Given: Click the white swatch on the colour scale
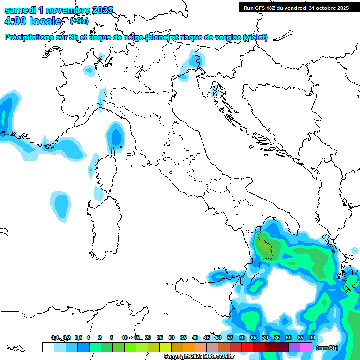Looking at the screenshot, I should [48, 347].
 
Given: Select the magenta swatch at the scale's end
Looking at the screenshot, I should [306, 347].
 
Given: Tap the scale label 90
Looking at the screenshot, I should [312, 337].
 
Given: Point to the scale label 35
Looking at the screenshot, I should [183, 337].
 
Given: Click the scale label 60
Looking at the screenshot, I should [242, 337].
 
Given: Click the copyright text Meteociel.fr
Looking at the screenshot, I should [199, 357].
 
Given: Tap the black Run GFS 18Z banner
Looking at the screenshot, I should [296, 7].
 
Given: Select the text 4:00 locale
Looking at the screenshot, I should [32, 21].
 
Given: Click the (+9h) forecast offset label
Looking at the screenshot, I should [79, 21].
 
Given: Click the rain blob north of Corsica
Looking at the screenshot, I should [115, 136].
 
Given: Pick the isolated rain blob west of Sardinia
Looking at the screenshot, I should [60, 205].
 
